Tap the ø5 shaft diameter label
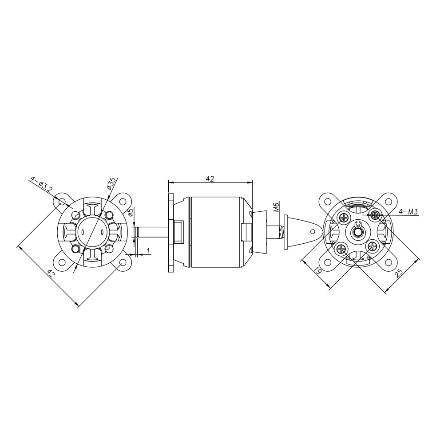point(131,213)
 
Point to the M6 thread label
point(277,207)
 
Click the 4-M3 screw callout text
point(408,212)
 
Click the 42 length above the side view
point(210,178)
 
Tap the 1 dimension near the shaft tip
point(148,250)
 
